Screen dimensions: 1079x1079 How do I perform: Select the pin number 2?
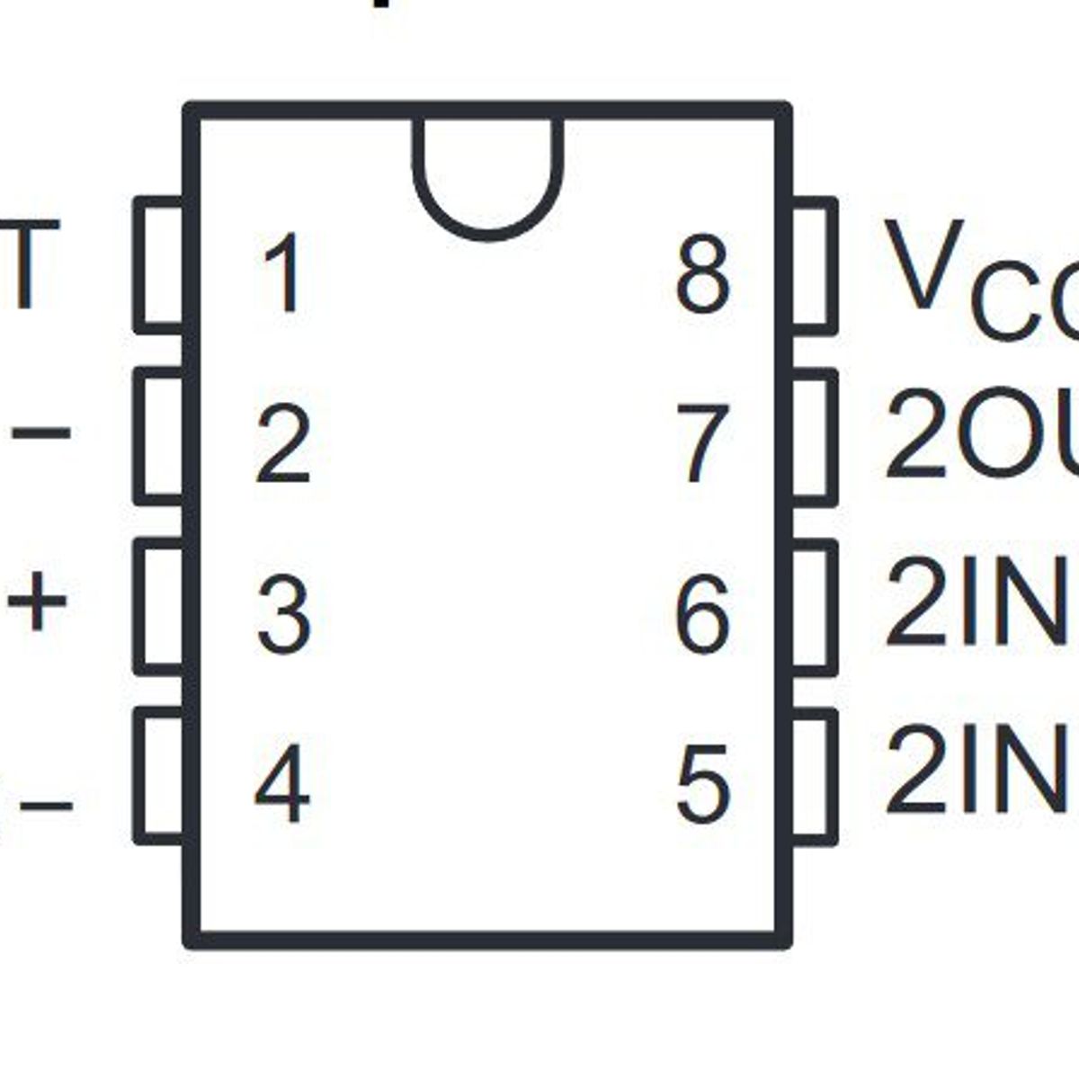click(283, 444)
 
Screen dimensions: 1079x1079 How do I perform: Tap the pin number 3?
click(283, 615)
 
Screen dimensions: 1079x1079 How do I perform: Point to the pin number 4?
click(282, 784)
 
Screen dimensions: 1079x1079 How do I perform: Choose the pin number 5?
click(702, 784)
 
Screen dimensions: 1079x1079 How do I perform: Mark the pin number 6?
click(702, 615)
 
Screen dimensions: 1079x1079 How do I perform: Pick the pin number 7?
click(702, 444)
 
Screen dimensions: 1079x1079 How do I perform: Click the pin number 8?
click(702, 273)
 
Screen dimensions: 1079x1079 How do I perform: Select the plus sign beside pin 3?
click(38, 600)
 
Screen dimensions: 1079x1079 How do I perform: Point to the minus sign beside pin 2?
click(41, 433)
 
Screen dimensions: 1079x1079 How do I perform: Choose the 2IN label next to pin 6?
click(980, 602)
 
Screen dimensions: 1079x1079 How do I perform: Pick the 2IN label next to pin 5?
click(980, 771)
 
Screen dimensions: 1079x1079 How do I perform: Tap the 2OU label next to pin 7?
click(980, 433)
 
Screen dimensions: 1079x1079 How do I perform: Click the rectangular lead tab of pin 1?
click(160, 264)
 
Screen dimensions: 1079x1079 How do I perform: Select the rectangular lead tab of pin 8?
click(814, 264)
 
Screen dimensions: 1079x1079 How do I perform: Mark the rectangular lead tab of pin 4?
click(160, 776)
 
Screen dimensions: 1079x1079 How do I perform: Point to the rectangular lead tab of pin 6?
click(814, 606)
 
